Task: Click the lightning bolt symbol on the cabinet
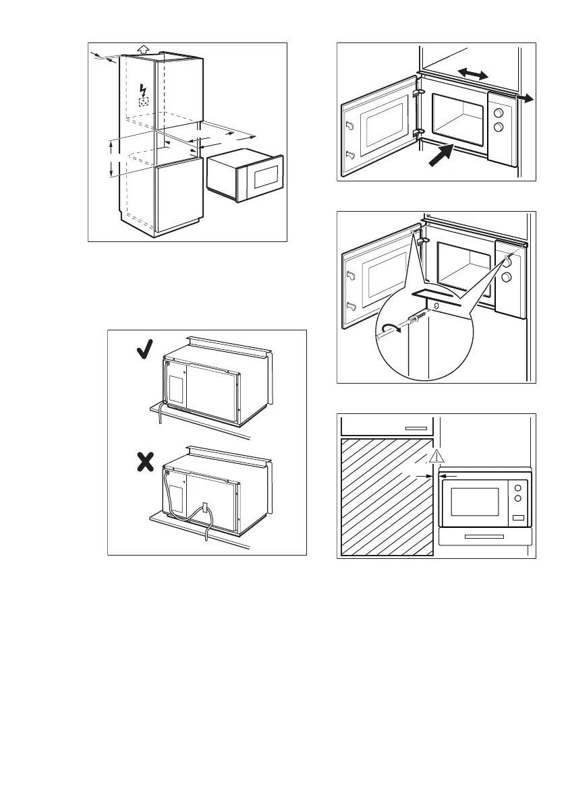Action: (x=142, y=89)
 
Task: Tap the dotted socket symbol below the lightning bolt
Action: (x=143, y=102)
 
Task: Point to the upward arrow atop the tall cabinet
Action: (x=141, y=49)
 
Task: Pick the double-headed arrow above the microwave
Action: (x=473, y=75)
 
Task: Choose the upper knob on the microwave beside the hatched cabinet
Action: (x=517, y=487)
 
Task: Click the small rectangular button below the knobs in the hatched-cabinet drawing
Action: (x=518, y=517)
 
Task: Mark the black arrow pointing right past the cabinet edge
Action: (x=526, y=98)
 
